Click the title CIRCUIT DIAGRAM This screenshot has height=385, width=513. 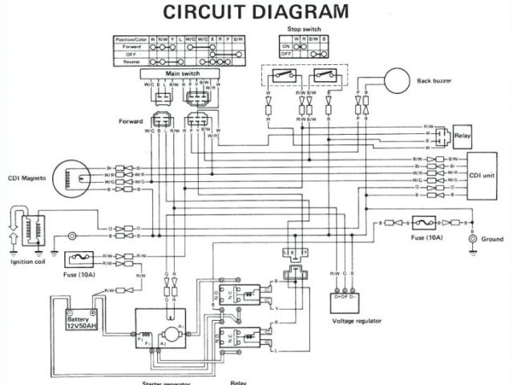click(256, 12)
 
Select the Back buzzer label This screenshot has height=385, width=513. click(438, 81)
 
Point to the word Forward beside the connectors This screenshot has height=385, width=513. click(130, 121)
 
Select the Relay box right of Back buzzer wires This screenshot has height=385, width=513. click(463, 136)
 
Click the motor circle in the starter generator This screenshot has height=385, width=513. click(172, 333)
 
